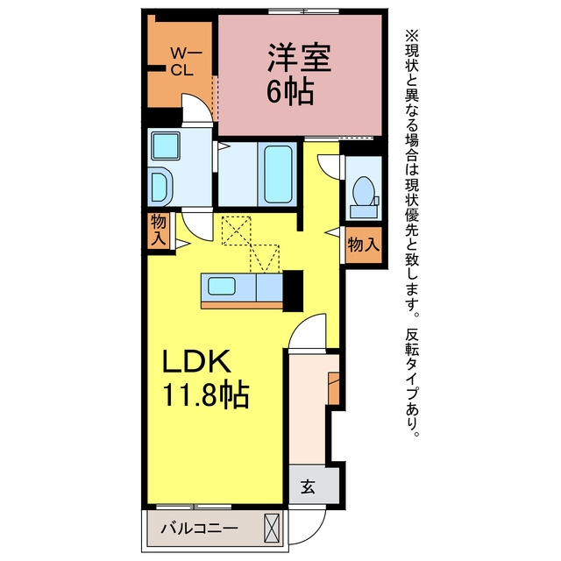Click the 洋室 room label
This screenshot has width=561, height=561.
pos(300,57)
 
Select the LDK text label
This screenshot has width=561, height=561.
pos(195,361)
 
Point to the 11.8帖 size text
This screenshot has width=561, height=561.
pos(206,394)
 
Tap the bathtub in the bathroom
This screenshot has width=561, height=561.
pos(278,174)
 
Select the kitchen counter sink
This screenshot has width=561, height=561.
pos(222,287)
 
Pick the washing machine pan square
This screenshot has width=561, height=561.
pos(166,146)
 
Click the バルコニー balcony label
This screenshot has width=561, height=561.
pos(199,528)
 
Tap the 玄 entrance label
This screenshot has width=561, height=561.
pos(308,486)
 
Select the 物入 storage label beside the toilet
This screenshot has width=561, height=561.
pos(363,245)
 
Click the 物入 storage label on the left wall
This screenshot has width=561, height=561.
pos(158,231)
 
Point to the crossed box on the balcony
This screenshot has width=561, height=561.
pos(271,528)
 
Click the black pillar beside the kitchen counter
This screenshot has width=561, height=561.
pos(293,291)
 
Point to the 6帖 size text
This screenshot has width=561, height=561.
pos(290,91)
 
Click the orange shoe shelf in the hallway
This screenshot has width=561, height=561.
pos(334,388)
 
